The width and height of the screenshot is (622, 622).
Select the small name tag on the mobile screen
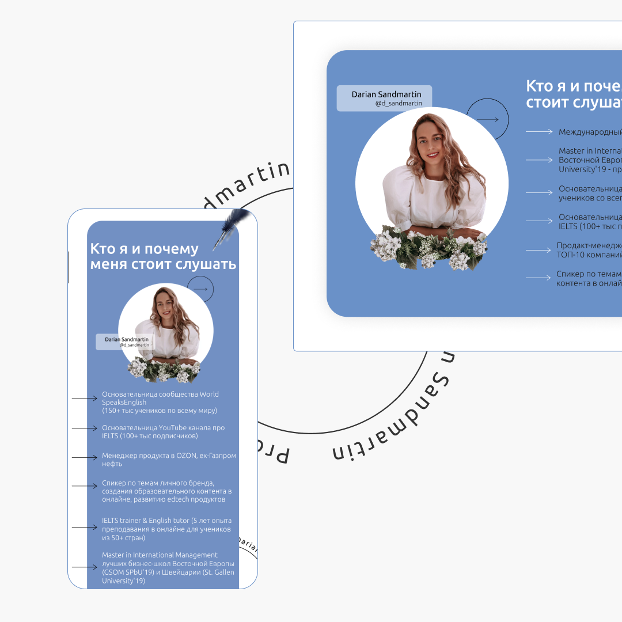pos(126,342)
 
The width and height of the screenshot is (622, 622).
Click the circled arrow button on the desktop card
pos(487,120)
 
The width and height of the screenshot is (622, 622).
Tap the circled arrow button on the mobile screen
pos(200,289)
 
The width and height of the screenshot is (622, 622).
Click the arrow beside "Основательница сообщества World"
pos(84,398)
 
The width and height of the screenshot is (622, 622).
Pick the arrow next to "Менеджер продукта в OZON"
pos(84,458)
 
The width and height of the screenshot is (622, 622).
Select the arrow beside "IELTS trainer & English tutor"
pos(84,527)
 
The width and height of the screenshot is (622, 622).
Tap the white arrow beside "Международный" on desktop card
pos(539,132)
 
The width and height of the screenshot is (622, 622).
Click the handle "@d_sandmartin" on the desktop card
pos(399,104)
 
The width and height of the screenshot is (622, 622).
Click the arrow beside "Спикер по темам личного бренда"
pos(84,486)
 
